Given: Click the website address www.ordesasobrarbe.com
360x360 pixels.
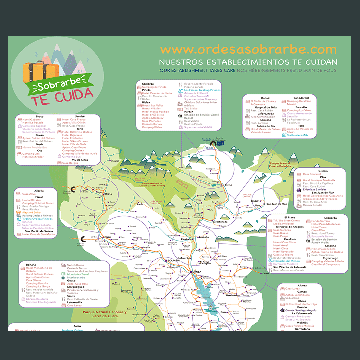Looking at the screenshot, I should tap(248, 50).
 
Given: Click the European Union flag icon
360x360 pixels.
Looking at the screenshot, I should tap(220, 143).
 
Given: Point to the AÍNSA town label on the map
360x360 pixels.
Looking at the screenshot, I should tap(195, 272).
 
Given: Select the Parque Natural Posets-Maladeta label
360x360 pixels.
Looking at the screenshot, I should tap(280, 165).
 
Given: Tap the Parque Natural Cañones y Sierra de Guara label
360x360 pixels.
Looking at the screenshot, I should tap(104, 314).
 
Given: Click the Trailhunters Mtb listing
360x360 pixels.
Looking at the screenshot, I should tap(298, 135).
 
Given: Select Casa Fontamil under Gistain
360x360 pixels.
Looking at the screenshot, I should tap(312, 174).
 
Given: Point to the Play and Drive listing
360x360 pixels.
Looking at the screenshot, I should tap(32, 212).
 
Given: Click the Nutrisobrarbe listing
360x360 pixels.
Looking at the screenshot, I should tap(76, 277).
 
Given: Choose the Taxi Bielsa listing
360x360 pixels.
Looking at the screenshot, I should tap(191, 108).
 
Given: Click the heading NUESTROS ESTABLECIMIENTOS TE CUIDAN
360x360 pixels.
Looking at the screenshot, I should tap(248, 62).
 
